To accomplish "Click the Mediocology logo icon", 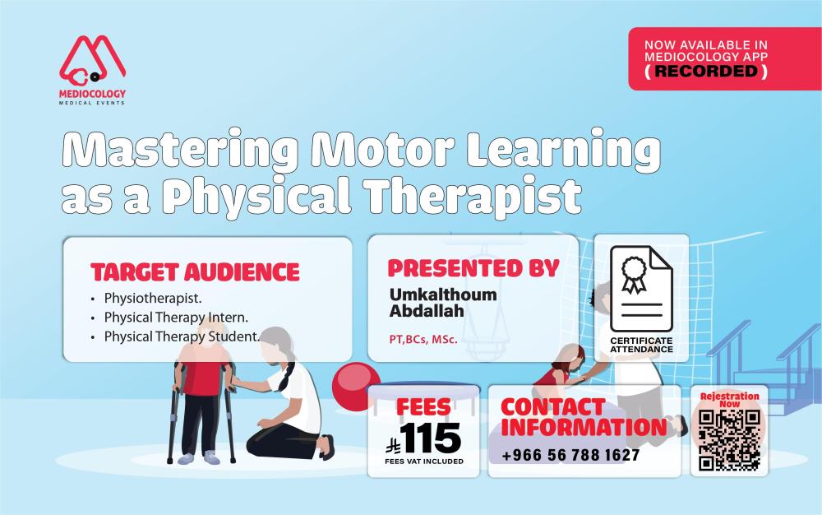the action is pos(92,62).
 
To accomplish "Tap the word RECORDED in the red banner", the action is pos(706,71).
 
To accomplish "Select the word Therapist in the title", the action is pos(473,196).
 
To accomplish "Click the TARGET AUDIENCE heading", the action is pos(195,272).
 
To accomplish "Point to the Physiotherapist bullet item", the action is pos(153,298).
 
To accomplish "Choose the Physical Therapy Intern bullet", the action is pos(176,318).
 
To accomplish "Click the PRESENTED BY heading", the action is pos(473,268).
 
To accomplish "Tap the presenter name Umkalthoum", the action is pos(443,295).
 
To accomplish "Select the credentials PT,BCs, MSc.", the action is pos(423,339).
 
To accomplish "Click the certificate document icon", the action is pos(641,289).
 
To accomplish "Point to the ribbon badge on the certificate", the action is pos(635,274).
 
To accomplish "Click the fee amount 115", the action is pos(431,438).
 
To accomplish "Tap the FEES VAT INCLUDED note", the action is pos(424,462).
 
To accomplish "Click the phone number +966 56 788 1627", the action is pos(570,455).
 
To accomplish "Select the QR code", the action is pos(729,440).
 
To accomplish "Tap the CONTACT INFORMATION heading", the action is pos(584,417).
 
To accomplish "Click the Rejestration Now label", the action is pos(729,400).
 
